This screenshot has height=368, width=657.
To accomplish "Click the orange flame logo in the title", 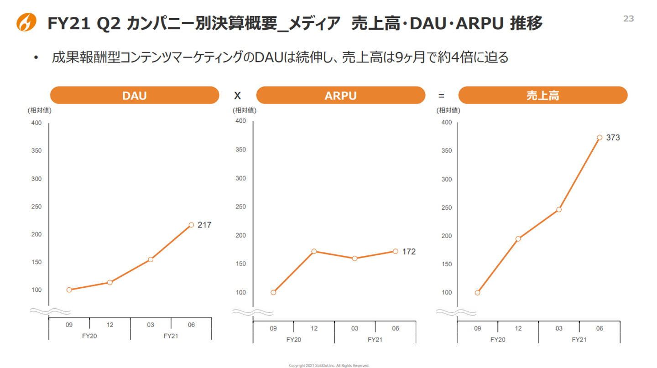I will coord(26,22).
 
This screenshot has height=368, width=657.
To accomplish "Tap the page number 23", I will coord(629,19).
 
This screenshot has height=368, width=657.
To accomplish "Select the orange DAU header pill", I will coord(134,95).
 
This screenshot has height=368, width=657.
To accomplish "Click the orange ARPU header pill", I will coord(340,95).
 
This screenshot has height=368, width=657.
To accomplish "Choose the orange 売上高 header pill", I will coord(542,95).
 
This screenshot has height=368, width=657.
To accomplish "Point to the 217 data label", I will coord(204,225).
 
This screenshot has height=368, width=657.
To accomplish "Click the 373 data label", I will coord(613,137).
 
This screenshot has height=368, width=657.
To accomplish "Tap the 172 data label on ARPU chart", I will coord(409,252).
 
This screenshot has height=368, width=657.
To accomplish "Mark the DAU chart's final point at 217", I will coord(191,225).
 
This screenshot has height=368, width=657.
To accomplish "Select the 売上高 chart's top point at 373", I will coord(600,137).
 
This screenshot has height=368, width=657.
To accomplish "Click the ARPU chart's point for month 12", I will coord(314,251).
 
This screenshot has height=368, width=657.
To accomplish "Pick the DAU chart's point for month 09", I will coord(69,290).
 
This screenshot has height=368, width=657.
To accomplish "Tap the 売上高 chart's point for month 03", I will coord(559,209).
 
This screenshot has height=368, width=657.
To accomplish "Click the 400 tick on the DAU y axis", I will coord(36,123).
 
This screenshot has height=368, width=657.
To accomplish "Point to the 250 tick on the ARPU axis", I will coord(241,207).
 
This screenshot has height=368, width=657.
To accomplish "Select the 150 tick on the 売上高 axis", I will coord(447,264).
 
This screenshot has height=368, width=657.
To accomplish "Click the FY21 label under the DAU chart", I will coord(171,336).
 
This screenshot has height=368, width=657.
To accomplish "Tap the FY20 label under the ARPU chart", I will coord(293,339).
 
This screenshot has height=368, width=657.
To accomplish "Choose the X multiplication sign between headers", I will coord(237,96).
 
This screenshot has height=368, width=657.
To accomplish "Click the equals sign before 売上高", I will coord(441,96).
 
